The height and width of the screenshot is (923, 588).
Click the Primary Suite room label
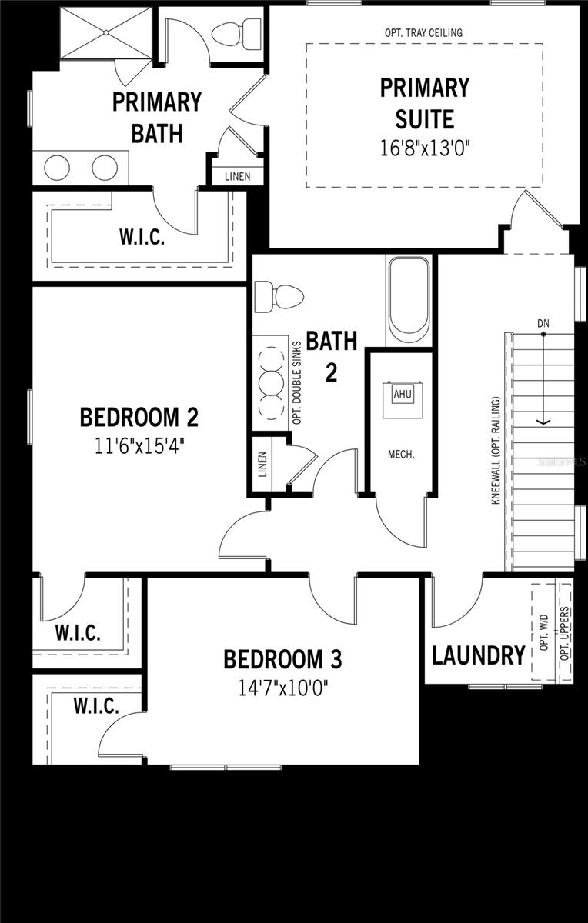pyautogui.click(x=424, y=103)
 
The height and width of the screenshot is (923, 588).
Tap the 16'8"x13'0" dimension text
pyautogui.click(x=425, y=148)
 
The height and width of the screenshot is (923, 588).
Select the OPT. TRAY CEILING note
pyautogui.click(x=423, y=33)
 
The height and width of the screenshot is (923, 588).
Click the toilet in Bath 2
pyautogui.click(x=278, y=295)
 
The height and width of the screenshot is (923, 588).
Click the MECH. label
pyautogui.click(x=401, y=454)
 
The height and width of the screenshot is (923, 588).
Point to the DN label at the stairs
pyautogui.click(x=544, y=324)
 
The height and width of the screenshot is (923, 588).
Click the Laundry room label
pyautogui.click(x=478, y=656)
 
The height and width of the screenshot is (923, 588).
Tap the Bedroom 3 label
pyautogui.click(x=282, y=659)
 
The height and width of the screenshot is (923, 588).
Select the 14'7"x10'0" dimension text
pyautogui.click(x=282, y=687)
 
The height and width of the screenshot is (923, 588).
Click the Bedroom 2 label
pyautogui.click(x=139, y=418)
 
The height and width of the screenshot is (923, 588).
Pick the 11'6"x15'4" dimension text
pyautogui.click(x=139, y=445)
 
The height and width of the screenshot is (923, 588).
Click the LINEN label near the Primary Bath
pyautogui.click(x=238, y=177)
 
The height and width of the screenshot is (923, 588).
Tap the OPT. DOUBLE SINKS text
pyautogui.click(x=297, y=380)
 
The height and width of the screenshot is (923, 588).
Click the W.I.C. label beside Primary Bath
pyautogui.click(x=142, y=238)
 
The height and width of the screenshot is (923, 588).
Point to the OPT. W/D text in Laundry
pyautogui.click(x=544, y=633)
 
